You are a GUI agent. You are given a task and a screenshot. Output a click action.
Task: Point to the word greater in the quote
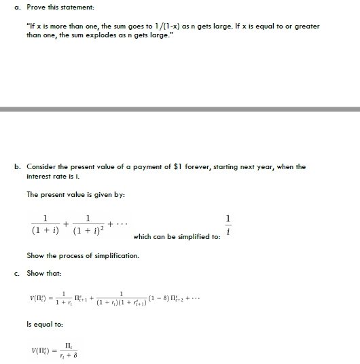pyautogui.click(x=307, y=26)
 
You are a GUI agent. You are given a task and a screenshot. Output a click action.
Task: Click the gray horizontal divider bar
pyautogui.click(x=180, y=109)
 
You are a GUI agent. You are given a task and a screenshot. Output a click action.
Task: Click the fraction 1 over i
pyautogui.click(x=228, y=225)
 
